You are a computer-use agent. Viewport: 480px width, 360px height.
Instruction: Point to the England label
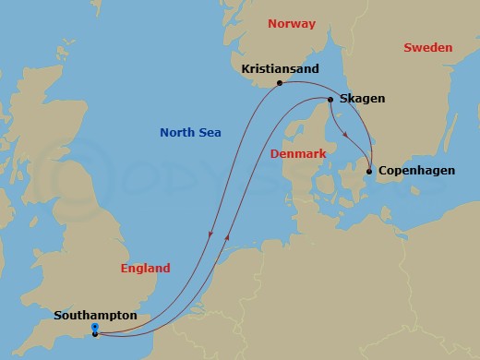146,269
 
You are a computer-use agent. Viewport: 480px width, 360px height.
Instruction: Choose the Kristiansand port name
281,67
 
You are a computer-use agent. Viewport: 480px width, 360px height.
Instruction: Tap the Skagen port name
362,99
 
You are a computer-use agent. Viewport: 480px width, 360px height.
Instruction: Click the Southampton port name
95,315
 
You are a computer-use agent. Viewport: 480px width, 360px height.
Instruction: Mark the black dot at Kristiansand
280,83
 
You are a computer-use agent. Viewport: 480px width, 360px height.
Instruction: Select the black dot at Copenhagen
369,172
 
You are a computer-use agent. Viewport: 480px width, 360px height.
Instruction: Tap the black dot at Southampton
95,334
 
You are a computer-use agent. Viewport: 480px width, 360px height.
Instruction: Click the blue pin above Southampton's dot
95,328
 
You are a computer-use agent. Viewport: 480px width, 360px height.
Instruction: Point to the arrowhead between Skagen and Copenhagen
345,136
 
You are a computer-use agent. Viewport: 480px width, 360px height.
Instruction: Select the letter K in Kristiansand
244,67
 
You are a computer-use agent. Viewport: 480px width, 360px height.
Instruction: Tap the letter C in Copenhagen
383,172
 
